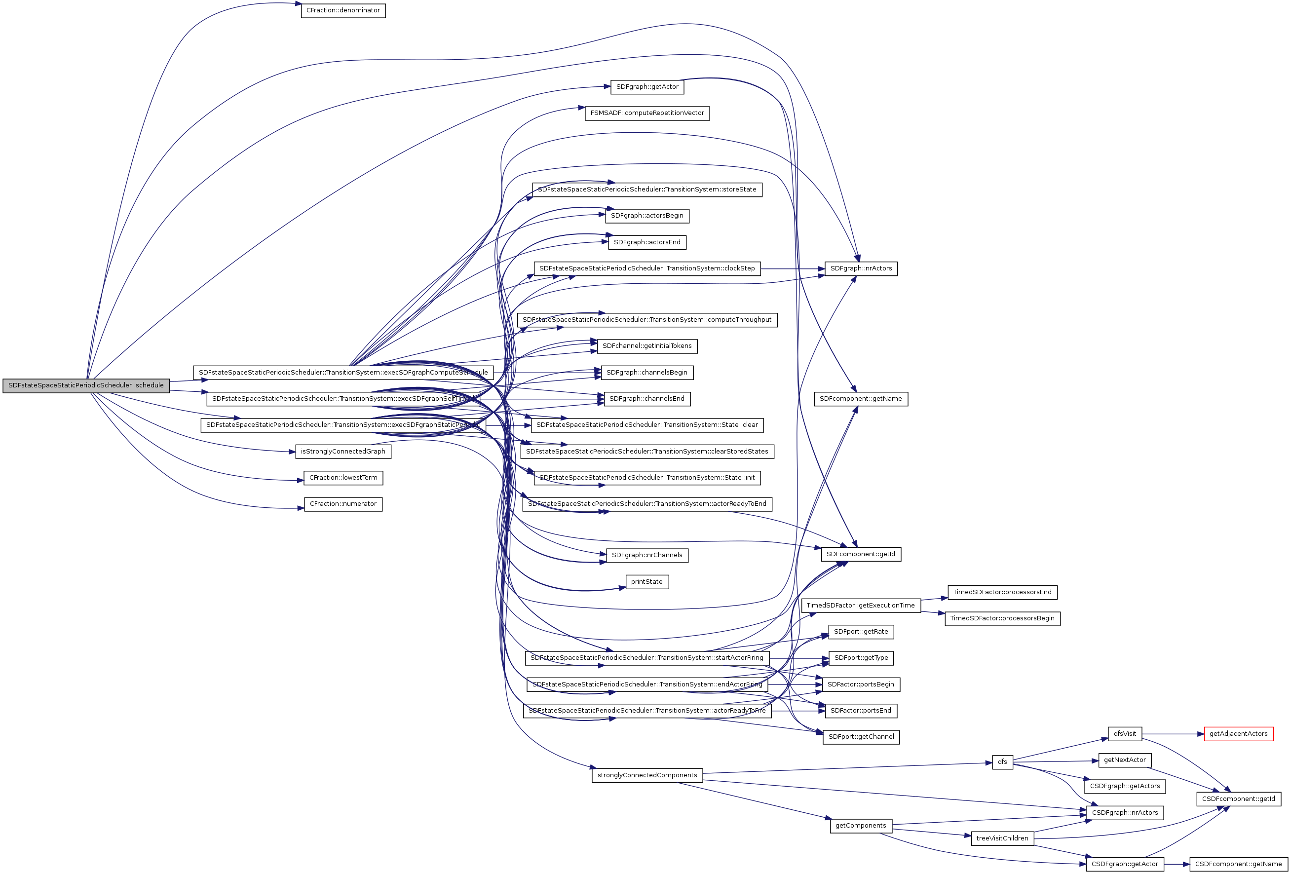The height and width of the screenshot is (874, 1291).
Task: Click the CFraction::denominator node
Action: [343, 10]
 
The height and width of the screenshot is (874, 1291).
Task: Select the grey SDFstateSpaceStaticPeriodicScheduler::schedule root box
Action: [86, 385]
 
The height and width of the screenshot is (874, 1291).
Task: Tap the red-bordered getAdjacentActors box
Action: [1238, 734]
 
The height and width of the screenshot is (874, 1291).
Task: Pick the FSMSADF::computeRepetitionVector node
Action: [646, 114]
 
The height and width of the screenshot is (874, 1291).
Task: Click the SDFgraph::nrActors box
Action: [861, 269]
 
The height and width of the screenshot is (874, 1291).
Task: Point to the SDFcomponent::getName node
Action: [861, 399]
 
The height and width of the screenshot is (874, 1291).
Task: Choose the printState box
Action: [646, 582]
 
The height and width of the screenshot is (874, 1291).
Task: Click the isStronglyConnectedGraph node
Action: [343, 452]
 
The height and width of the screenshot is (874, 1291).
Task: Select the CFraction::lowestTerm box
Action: [343, 478]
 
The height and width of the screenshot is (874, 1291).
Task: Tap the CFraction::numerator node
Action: [343, 504]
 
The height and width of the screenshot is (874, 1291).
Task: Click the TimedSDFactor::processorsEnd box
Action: [1002, 592]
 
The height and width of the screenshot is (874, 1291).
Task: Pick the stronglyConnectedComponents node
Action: [646, 775]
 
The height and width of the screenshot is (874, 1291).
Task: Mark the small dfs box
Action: [1002, 762]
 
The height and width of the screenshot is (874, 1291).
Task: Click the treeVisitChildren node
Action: [1002, 838]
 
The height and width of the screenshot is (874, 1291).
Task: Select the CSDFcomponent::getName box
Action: [1238, 864]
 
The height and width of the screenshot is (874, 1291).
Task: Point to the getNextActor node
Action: [1124, 760]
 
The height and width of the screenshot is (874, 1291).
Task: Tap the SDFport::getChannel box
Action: [861, 737]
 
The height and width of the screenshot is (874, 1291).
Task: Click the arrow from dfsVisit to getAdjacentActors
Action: [1172, 734]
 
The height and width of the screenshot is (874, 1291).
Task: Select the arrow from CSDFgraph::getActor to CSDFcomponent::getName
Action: [1177, 864]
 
